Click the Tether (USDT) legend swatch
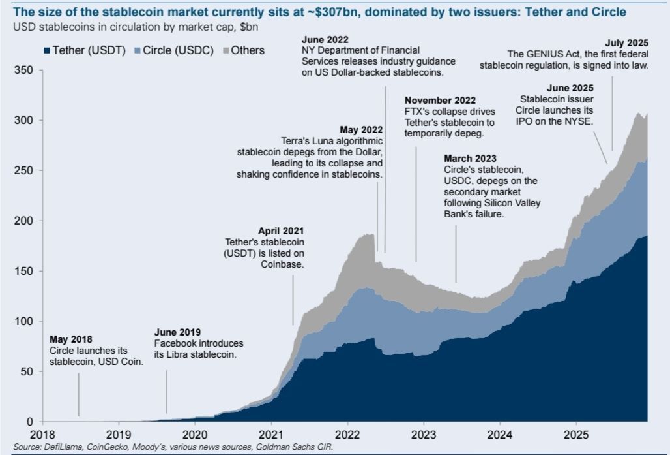46,50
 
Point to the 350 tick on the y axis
24,70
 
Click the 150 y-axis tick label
24,271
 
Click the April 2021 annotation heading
281,231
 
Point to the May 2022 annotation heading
361,129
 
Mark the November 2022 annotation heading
440,101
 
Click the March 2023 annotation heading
470,159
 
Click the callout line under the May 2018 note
80,395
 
